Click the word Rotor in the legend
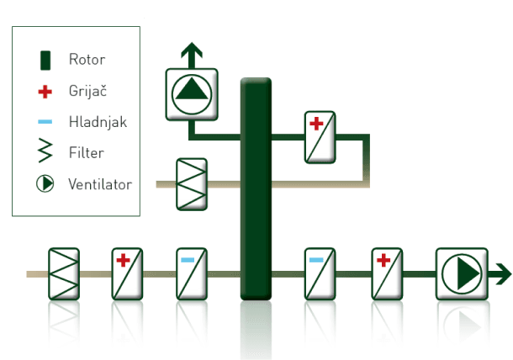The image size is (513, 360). coord(87,60)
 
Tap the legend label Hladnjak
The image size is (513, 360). coord(98,122)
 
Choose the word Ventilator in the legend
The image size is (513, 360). coord(100,183)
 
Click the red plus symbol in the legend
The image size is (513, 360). coord(45,91)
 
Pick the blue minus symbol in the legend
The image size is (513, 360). coord(45,122)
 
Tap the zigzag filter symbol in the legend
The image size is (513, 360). coord(45,152)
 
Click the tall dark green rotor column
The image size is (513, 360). coord(256,189)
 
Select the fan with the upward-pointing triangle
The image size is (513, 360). coord(191,94)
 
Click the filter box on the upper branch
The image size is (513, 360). coord(192,184)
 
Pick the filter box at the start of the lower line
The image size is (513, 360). coord(64,273)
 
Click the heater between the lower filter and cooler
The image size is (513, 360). coord(128,273)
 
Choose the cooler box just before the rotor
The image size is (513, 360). coord(192,273)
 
